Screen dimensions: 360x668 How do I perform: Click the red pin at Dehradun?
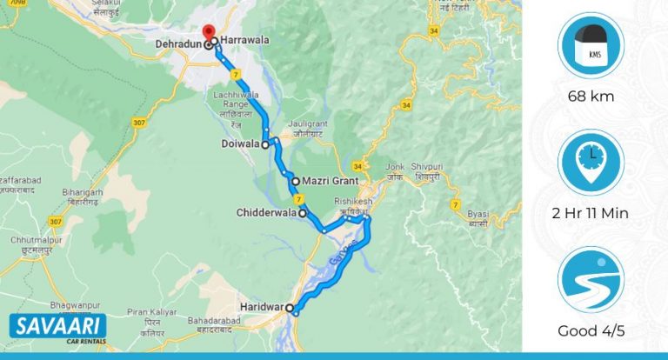click(208, 36)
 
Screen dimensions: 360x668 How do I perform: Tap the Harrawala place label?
click(244, 40)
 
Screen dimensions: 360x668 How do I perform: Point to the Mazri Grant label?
click(326, 182)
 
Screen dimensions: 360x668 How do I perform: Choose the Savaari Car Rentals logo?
click(57, 328)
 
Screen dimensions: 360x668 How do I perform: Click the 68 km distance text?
click(591, 96)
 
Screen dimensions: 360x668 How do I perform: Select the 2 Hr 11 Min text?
click(591, 214)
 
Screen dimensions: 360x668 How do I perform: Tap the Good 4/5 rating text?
click(591, 331)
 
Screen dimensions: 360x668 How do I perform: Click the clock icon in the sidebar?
click(591, 162)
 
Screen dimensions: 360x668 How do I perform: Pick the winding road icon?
click(591, 281)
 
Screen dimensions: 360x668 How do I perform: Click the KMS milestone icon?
click(591, 45)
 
